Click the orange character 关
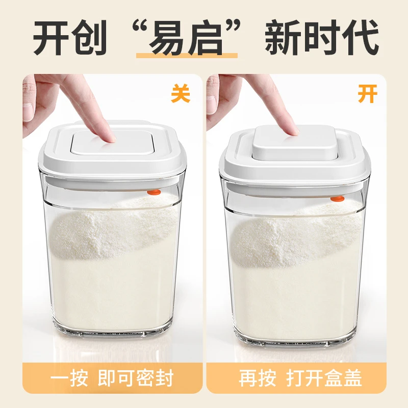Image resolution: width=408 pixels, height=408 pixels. [x=181, y=94]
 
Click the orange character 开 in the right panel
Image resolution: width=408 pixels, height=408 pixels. [x=367, y=94]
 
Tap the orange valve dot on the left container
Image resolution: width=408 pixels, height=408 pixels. [x=154, y=192]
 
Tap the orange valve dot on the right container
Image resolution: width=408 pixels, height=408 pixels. [x=338, y=199]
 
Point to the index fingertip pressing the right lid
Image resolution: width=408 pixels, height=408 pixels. [x=294, y=131]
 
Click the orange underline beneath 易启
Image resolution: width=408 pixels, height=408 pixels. [x=187, y=56]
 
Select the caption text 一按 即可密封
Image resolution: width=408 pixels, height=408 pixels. [x=112, y=378]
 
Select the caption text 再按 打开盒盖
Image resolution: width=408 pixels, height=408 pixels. [x=300, y=378]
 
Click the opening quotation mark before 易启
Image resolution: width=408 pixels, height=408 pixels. [x=140, y=28]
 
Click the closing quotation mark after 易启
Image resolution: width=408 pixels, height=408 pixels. [x=233, y=28]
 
